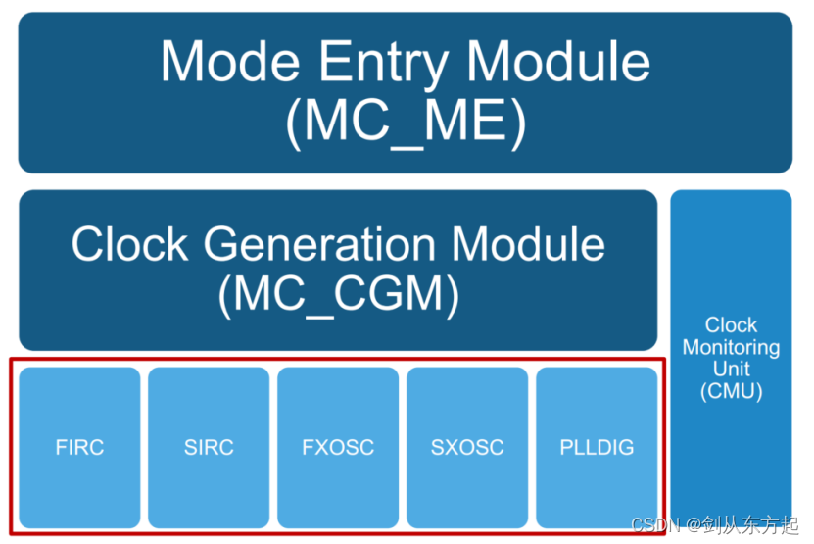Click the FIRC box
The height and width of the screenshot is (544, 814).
pos(79,447)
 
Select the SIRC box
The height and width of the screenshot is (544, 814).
pos(209,447)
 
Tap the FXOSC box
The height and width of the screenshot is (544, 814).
pos(338,447)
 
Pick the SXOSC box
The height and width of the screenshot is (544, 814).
pos(467,447)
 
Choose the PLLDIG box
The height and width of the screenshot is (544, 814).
pos(597,447)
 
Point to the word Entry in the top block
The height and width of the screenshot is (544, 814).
pos(387,62)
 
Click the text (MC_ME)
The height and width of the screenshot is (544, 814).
pos(406,123)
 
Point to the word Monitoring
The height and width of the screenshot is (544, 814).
pos(731,347)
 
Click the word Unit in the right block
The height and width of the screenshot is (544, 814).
pos(731,370)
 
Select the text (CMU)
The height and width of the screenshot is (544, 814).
pos(731,392)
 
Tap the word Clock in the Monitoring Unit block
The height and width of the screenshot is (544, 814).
pos(731,324)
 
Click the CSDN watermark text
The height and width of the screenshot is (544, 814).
pos(655,525)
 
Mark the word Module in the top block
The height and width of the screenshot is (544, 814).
pos(559,62)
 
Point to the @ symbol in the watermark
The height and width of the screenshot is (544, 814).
pos(693,525)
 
